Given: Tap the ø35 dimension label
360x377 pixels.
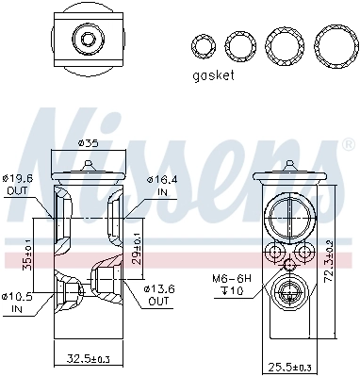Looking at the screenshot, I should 88,143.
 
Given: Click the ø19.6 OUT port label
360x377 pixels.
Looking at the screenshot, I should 18,184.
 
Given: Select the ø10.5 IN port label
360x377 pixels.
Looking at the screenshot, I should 18,303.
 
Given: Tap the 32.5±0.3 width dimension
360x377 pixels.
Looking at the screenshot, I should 89,359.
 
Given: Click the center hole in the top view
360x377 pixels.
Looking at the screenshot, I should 89,41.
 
